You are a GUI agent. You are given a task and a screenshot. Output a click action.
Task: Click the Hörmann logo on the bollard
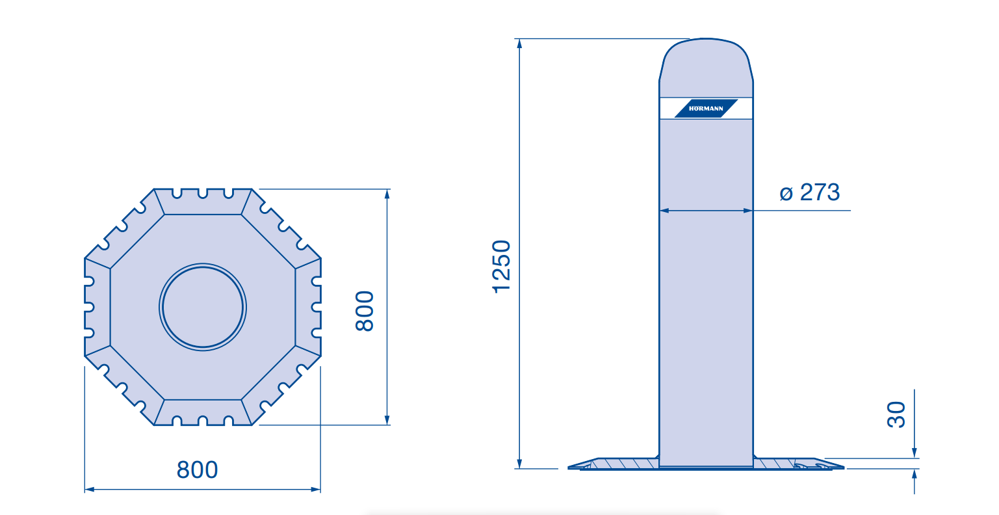coord(706,109)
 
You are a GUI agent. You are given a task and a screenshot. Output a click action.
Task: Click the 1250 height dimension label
coord(501,267)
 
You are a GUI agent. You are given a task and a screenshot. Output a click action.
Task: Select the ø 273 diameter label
coord(809,192)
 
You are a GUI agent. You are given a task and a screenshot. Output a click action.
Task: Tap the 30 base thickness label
coord(896,415)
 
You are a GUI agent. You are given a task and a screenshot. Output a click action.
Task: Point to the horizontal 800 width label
coord(197,469)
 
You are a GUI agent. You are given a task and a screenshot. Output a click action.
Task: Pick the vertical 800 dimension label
coord(365,311)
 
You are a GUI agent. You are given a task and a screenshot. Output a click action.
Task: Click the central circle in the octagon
coord(203,307)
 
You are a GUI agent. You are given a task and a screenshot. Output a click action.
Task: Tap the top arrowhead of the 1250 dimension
coord(519,44)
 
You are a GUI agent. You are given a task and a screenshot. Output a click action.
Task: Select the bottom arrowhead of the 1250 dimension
coord(519,464)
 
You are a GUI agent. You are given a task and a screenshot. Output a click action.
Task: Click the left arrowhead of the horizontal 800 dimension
coord(90,490)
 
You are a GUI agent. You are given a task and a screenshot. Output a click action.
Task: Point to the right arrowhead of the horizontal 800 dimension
coord(315,490)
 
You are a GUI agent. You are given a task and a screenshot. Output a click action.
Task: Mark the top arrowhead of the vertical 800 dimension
coord(387,194)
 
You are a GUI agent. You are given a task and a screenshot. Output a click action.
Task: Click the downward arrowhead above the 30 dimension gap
coord(915,453)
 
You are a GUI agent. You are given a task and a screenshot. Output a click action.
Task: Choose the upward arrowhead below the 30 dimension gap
coord(915,474)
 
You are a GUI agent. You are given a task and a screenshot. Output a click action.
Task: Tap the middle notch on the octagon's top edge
coord(203,193)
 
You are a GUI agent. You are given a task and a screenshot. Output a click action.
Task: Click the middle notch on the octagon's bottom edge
coord(203,421)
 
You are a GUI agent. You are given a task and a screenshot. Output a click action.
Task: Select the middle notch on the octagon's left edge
coord(89,307)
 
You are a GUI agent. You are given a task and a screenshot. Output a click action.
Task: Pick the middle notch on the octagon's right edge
coord(317,307)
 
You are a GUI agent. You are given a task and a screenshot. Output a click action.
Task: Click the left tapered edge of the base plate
coord(582,463)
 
